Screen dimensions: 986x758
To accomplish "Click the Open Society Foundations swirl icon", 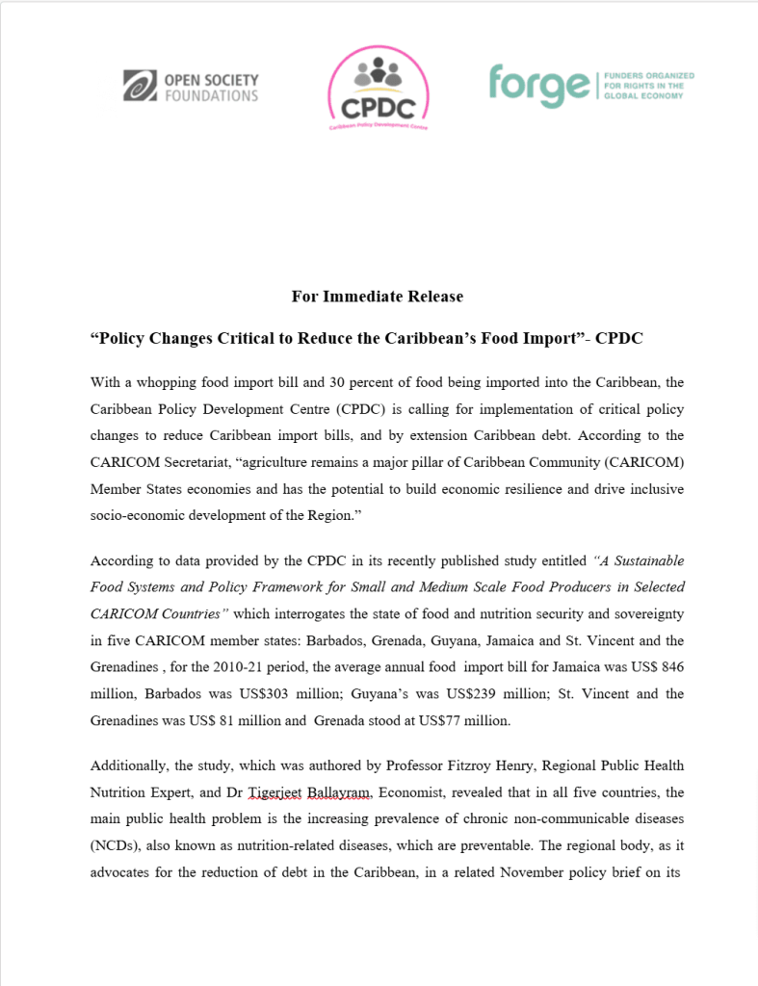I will click(x=141, y=86).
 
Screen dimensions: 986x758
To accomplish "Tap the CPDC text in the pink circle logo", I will click(x=378, y=104).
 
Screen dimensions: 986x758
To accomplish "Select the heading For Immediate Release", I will click(x=378, y=297).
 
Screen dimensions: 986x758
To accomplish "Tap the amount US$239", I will click(x=418, y=693).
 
